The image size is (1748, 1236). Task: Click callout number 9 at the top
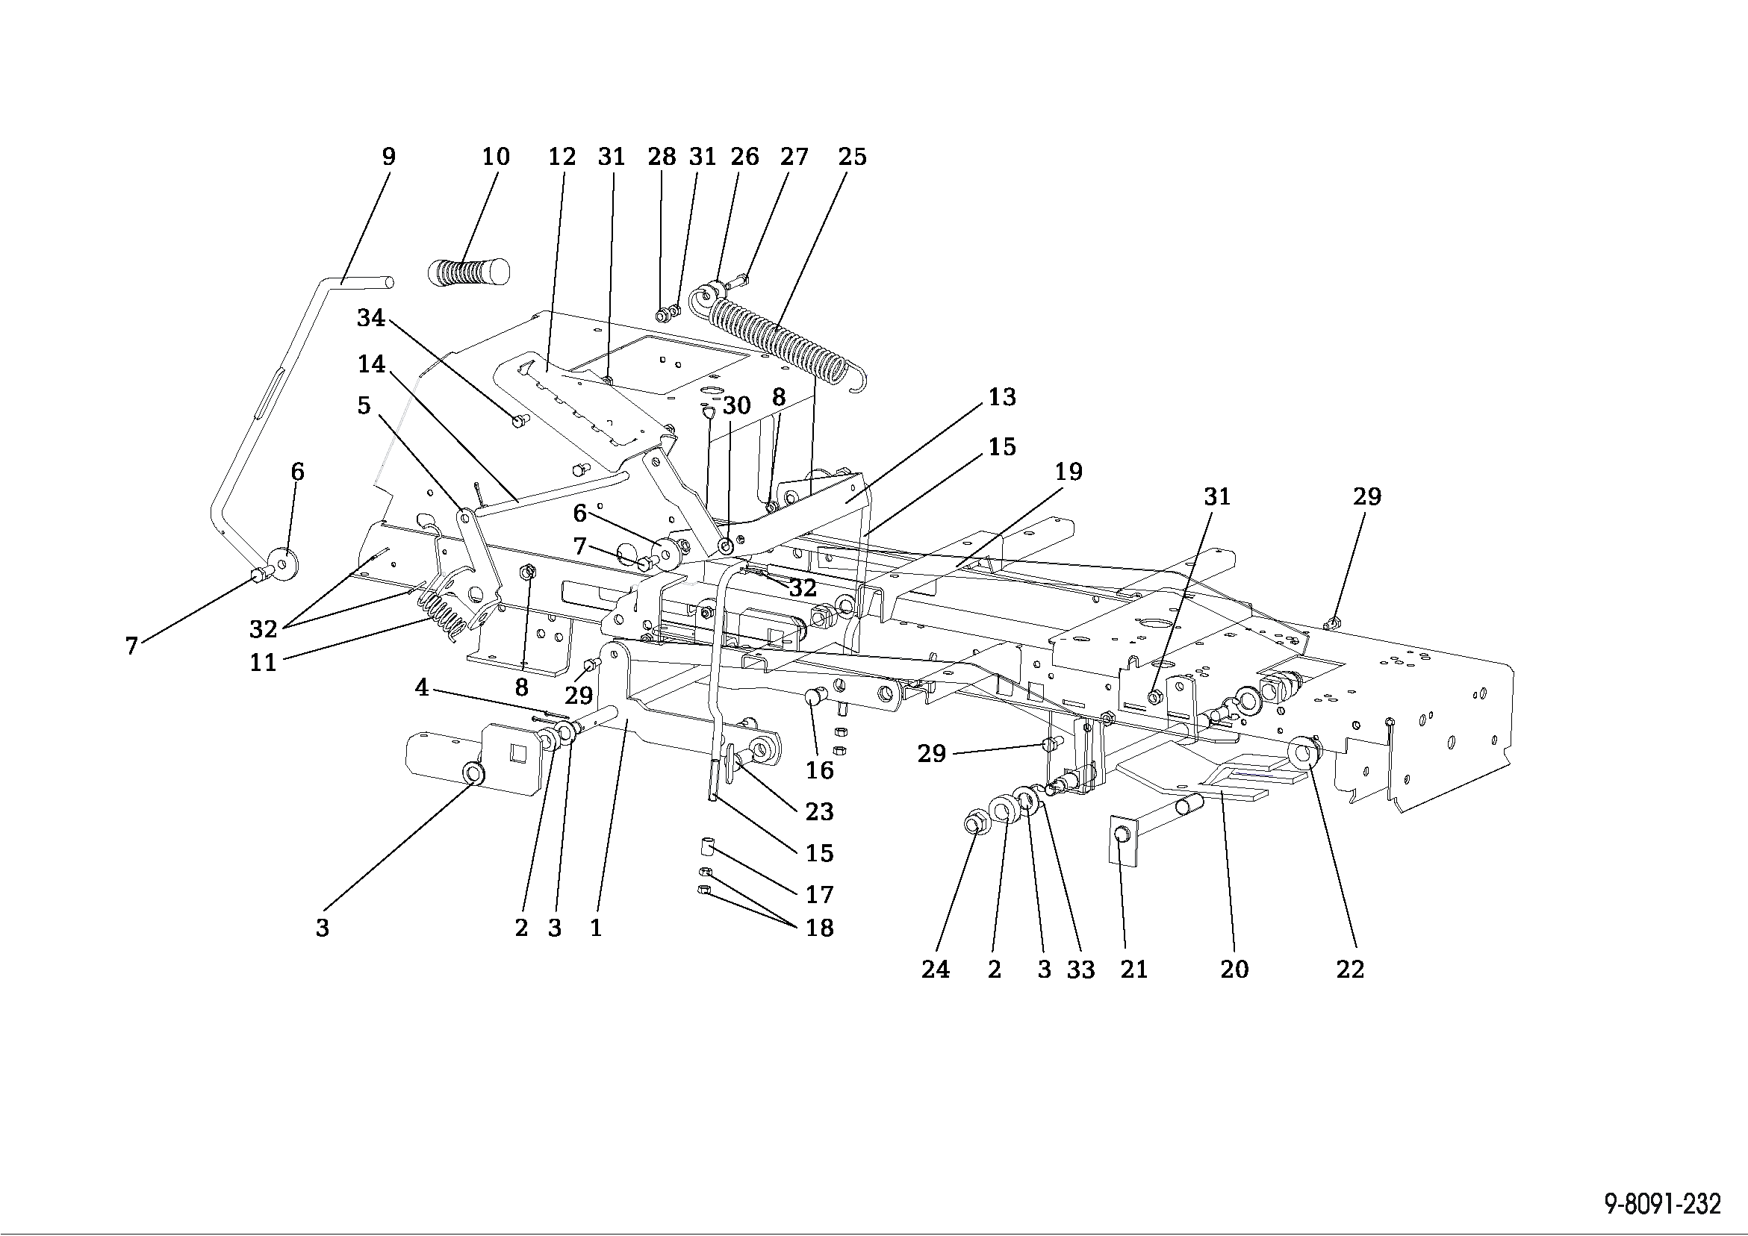click(x=388, y=157)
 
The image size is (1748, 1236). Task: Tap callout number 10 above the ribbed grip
click(x=496, y=157)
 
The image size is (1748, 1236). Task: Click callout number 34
click(x=371, y=317)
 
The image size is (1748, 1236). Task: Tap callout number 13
click(x=1002, y=396)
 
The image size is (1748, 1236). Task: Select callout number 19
click(x=1068, y=471)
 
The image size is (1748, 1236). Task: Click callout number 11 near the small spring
click(x=263, y=662)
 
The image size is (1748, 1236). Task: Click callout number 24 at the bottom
click(x=935, y=969)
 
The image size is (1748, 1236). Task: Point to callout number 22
click(x=1350, y=969)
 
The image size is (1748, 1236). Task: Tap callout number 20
click(x=1234, y=969)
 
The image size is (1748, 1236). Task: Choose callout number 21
click(x=1133, y=969)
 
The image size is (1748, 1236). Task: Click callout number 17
click(x=819, y=893)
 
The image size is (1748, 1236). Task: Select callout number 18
click(x=819, y=928)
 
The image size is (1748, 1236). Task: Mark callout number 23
click(x=819, y=811)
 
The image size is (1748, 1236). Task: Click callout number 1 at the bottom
click(x=595, y=928)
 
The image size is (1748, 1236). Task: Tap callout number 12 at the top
click(x=562, y=157)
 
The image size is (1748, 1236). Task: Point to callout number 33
click(x=1080, y=969)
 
